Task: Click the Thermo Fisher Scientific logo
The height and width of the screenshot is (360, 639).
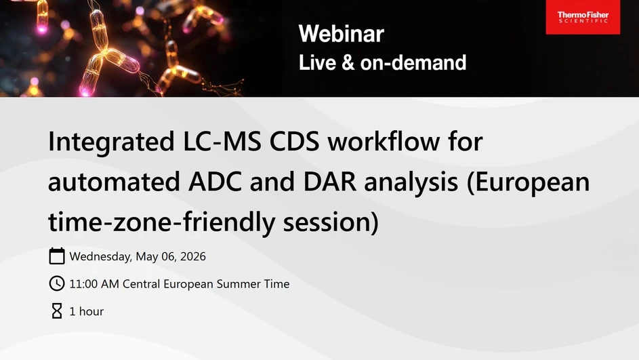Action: pos(582,17)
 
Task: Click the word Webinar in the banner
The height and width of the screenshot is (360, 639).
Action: pos(341,33)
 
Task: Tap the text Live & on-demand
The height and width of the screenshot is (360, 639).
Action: pos(382,62)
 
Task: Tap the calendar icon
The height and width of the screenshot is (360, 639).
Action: pos(57,256)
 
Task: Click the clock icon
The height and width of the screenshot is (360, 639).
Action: pos(57,284)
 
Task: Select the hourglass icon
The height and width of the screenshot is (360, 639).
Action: pos(57,311)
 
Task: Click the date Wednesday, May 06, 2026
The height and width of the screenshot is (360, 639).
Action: pos(138,257)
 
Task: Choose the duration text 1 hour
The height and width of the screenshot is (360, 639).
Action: pos(87,312)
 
